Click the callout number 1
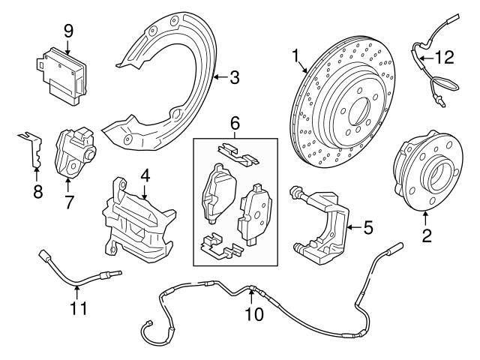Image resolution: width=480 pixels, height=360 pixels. (x=296, y=55)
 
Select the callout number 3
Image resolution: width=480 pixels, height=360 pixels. (x=234, y=76)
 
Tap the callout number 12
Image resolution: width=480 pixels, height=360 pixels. (x=445, y=55)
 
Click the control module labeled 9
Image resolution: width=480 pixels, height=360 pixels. (x=64, y=67)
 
